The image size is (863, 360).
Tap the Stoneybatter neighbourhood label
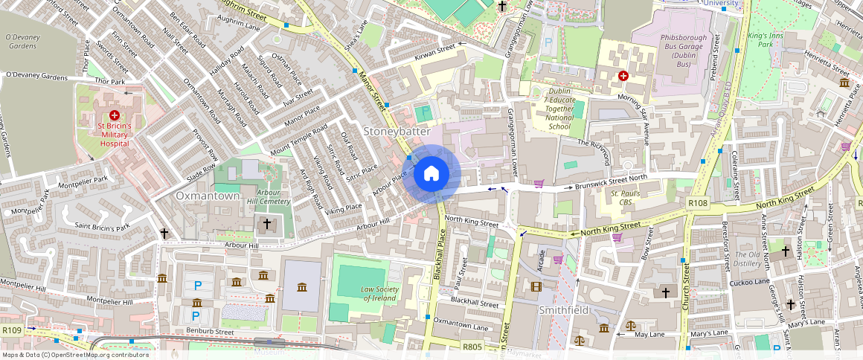coord(397,131)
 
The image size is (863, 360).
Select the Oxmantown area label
coord(208,196)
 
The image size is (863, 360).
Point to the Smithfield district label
coord(563,309)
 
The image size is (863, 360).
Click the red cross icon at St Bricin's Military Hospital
coord(115,115)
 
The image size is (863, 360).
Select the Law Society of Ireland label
coord(379,294)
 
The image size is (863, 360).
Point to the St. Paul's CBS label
coord(626,198)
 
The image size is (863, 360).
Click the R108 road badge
coord(698,203)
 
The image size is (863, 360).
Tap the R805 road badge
coord(472,347)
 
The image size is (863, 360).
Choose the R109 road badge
coord(11,330)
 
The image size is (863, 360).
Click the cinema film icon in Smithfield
coord(536,286)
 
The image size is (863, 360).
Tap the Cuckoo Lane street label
coord(749,282)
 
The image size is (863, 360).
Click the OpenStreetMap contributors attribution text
coord(74,355)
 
